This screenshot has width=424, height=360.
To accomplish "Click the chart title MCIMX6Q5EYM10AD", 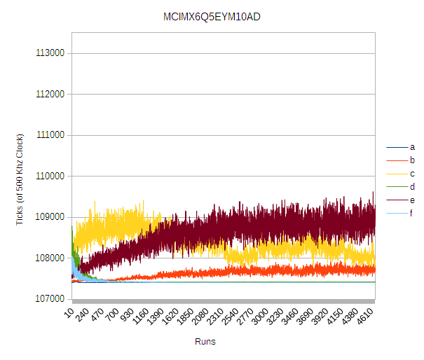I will point(211,17).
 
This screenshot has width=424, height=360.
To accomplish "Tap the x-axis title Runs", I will point(205,342).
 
